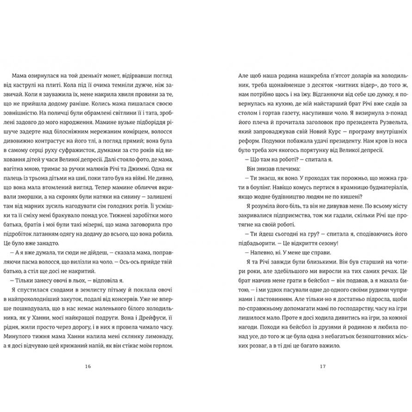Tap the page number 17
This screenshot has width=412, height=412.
323,367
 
